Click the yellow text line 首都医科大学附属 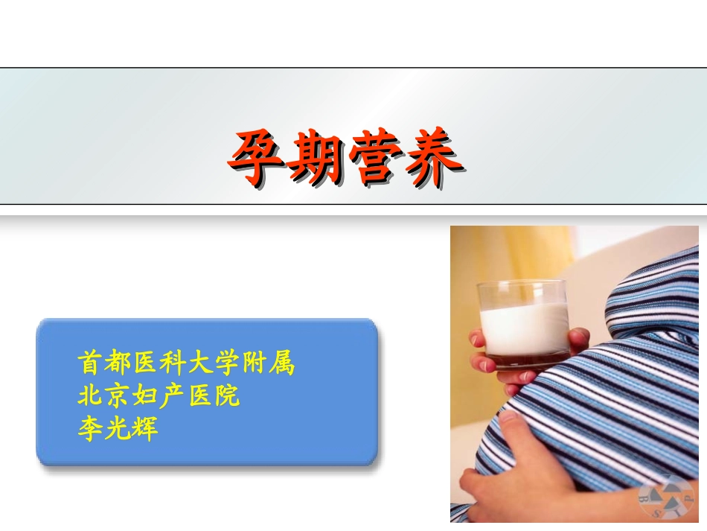pyautogui.click(x=186, y=363)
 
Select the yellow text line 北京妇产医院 pyautogui.click(x=159, y=395)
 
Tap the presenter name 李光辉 pyautogui.click(x=118, y=428)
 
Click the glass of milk pyautogui.click(x=524, y=325)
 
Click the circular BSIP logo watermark pyautogui.click(x=664, y=497)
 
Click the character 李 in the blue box pyautogui.click(x=90, y=428)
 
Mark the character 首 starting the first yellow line pyautogui.click(x=90, y=363)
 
